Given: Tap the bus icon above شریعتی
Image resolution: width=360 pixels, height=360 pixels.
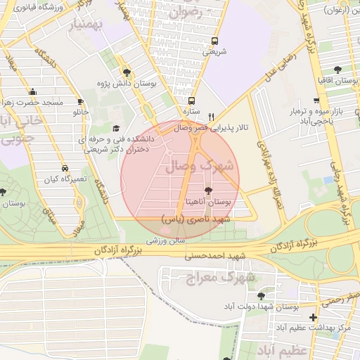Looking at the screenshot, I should [x=214, y=41].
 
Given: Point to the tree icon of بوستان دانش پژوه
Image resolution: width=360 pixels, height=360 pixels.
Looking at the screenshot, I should [x=127, y=72].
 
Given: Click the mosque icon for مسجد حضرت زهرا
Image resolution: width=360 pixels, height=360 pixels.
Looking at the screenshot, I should [x=32, y=91].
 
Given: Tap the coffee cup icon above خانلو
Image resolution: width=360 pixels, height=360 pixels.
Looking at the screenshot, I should [x=81, y=101].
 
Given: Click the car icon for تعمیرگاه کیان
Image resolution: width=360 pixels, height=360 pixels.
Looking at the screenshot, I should [x=65, y=169].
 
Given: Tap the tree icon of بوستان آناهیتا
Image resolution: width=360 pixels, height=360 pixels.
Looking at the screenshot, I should [x=207, y=191].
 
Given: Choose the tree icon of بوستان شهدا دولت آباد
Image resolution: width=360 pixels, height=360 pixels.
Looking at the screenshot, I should [x=262, y=296].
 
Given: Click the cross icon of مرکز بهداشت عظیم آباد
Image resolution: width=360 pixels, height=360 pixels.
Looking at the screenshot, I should [x=313, y=318].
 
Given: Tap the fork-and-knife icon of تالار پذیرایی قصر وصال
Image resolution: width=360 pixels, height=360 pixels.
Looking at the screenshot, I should [x=211, y=117].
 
